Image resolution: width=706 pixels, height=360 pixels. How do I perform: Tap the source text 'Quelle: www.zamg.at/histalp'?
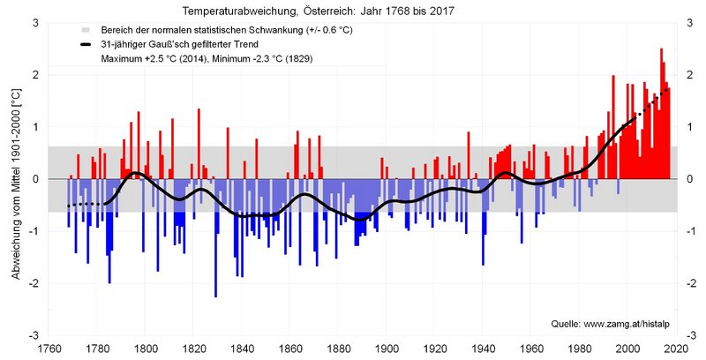click(x=611, y=324)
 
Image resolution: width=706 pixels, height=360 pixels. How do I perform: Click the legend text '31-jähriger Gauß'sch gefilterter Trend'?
click(x=177, y=44)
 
